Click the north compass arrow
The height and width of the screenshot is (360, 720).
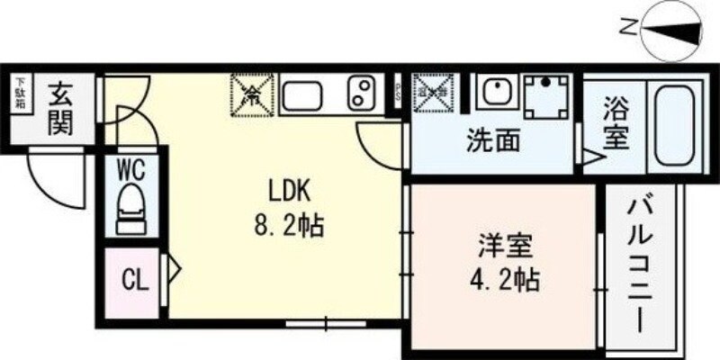pos(673,31)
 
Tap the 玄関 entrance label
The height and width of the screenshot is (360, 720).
pos(59,109)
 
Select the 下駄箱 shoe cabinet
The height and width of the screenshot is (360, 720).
pos(19,94)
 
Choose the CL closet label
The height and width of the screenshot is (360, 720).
pos(134,281)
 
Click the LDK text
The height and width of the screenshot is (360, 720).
pos(289,191)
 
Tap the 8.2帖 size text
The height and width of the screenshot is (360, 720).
pos(289,224)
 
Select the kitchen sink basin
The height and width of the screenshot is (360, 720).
pos(307,93)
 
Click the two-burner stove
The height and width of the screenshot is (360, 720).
pos(362,93)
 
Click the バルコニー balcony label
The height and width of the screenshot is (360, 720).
pos(640,265)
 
